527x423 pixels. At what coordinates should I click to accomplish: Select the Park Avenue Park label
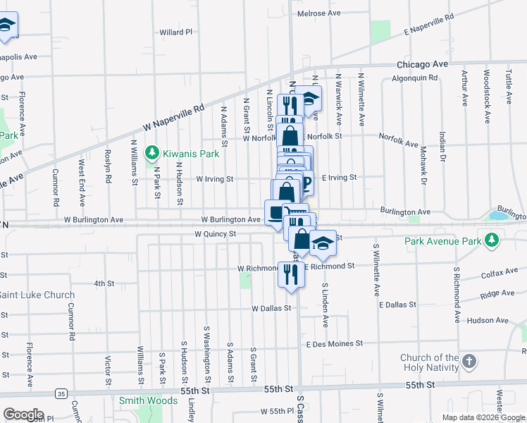coord(442,242)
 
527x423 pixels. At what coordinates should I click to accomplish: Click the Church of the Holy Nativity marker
coord(469,362)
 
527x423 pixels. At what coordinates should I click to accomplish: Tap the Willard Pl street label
coord(175,32)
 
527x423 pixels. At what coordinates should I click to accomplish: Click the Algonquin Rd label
coord(415,78)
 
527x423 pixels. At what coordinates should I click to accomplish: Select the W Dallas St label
coord(271,308)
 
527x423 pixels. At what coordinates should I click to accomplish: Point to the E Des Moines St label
coord(334,343)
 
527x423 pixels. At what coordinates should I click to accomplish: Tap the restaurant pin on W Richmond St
coord(290,275)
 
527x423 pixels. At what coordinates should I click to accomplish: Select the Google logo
coord(23,415)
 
